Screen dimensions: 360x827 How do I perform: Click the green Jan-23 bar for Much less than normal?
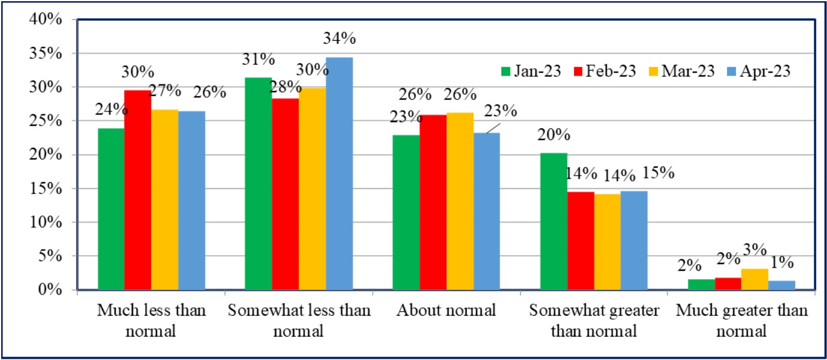pos(111,209)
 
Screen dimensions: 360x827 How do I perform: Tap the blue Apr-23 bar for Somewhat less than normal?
pos(339,174)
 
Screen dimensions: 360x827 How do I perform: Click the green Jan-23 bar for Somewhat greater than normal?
pos(554,222)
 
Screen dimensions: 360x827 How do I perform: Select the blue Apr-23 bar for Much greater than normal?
pos(781,285)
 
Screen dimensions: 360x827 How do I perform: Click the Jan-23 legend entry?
pos(530,71)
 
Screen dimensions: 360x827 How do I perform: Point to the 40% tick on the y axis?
pos(46,20)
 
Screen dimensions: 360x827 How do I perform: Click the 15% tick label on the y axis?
pos(46,189)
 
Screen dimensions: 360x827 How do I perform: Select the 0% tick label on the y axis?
pos(51,290)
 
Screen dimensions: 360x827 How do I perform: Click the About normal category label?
pos(446,311)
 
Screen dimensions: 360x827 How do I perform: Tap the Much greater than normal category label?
pos(741,320)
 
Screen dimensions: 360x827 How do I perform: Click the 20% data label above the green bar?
pos(553,135)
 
